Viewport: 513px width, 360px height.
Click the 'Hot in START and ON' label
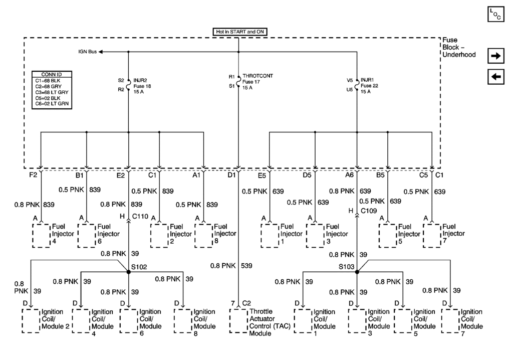click(x=238, y=32)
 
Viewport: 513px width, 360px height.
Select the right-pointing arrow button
click(x=495, y=56)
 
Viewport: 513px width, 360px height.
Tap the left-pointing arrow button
click(x=495, y=77)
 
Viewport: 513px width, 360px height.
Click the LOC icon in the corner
click(x=495, y=15)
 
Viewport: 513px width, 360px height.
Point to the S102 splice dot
click(x=129, y=272)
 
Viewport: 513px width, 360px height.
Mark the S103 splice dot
click(x=357, y=272)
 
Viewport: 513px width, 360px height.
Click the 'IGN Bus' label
click(x=87, y=52)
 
